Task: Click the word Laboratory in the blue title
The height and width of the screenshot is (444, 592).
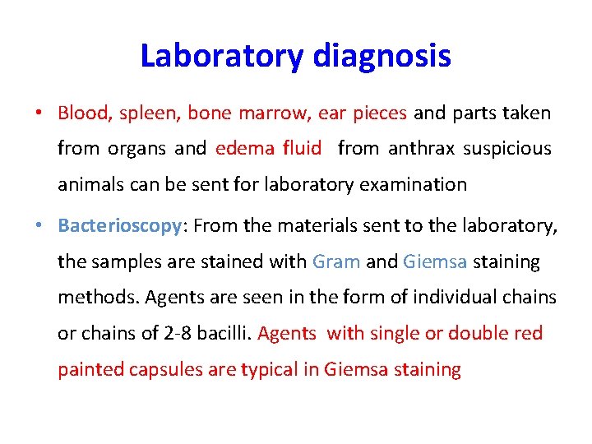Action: [x=222, y=56]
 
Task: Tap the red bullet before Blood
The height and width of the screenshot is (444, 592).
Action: [x=39, y=113]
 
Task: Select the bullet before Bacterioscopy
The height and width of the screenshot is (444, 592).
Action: [x=39, y=224]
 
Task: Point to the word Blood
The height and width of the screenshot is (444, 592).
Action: [x=85, y=113]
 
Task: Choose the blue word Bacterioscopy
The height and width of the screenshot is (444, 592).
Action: [x=118, y=225]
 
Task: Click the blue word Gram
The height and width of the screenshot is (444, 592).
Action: [x=336, y=261]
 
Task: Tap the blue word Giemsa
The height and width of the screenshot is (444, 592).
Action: [x=435, y=261]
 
